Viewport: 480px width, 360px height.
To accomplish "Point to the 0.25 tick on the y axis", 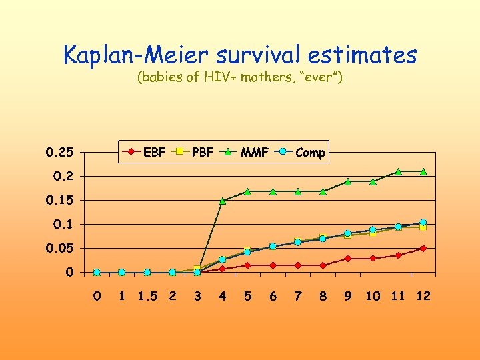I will coord(59,152).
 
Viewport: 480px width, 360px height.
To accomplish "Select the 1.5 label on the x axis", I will coord(147,296).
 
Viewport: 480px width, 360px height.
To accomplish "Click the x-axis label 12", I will coord(423,296).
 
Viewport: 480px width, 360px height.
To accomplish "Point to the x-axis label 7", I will coord(298,296).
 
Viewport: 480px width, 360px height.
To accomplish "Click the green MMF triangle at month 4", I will coord(223,200).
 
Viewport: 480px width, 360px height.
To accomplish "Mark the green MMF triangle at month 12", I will coord(423,171).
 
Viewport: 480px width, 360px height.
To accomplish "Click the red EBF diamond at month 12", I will coord(423,248).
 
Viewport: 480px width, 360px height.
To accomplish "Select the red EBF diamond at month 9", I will coord(347,258).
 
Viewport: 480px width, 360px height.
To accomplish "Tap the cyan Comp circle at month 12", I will coord(423,222).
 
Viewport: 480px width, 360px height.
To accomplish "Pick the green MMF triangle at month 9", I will coord(347,181).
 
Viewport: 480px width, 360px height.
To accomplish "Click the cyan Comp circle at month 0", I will coord(97,272).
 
